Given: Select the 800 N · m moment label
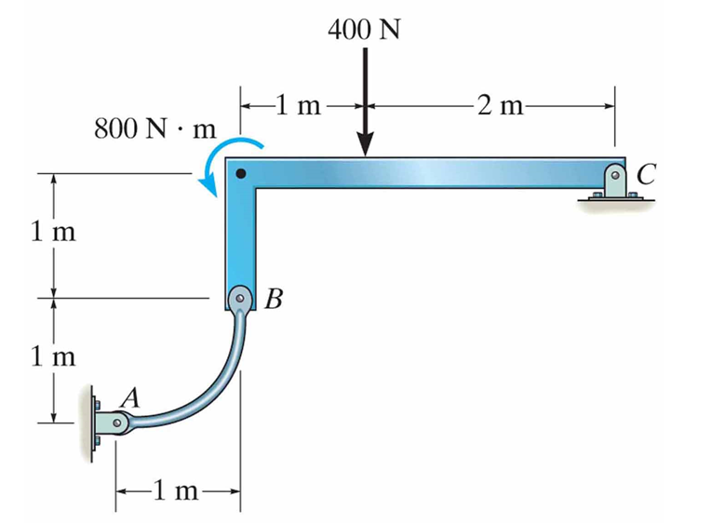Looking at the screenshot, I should click(x=154, y=128).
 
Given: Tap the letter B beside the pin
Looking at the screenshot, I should click(x=273, y=300).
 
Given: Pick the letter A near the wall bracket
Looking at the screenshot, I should click(x=131, y=397).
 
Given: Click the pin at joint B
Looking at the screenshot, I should click(x=240, y=299).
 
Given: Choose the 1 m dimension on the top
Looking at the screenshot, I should click(x=298, y=105).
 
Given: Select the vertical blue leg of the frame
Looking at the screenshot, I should click(x=240, y=237).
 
